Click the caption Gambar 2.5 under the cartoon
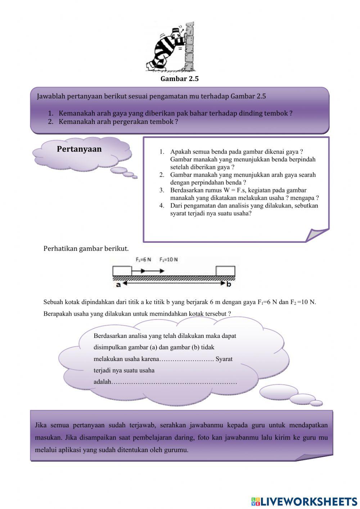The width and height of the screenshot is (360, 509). pos(179,79)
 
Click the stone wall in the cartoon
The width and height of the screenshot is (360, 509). pos(189,46)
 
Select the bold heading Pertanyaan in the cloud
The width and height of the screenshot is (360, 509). pos(79,149)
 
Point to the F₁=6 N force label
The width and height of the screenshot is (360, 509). pos(143,259)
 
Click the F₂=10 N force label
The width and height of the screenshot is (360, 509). pos(168,259)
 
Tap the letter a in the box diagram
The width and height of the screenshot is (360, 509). pos(118,284)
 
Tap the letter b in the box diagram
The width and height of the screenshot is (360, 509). pos(229,284)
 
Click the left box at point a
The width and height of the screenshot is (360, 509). pos(122,271)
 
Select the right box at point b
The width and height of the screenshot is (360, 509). pos(225,271)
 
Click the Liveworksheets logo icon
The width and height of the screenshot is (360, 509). pos(255,501)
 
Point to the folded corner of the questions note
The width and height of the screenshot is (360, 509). pos(317,235)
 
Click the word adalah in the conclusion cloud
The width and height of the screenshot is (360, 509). pos(103,381)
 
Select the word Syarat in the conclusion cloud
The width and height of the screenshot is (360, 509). pos(224,359)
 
